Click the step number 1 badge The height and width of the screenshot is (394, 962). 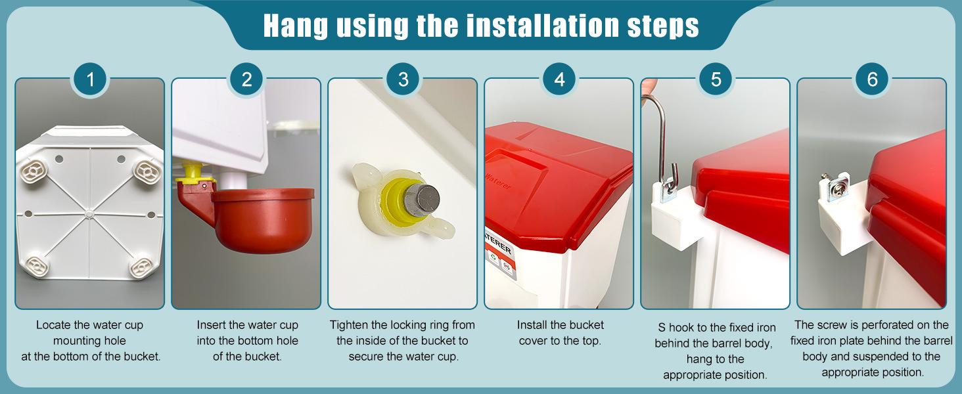[x=90, y=79]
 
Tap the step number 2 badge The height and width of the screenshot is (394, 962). [x=246, y=79]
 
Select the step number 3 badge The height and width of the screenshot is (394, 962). [x=403, y=79]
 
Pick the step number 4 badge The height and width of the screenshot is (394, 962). [x=559, y=79]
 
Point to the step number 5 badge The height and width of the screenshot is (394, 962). [x=716, y=79]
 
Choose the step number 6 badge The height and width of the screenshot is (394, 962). [x=872, y=79]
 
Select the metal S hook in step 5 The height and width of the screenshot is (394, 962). [x=661, y=142]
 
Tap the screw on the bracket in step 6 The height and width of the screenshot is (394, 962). [x=833, y=181]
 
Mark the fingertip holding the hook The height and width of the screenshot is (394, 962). [x=648, y=86]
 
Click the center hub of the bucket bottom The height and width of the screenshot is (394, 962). [x=89, y=213]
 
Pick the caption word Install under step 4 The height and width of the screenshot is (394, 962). [x=531, y=325]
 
